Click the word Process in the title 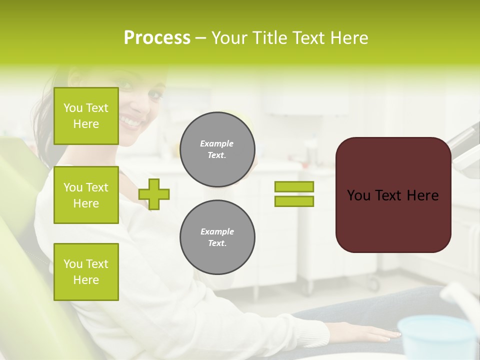(157, 37)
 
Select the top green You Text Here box (86, 116)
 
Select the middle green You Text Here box (86, 195)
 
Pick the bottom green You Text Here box (86, 271)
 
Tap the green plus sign (154, 193)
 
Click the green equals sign (294, 194)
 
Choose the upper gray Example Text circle (217, 149)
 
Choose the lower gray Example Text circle (217, 237)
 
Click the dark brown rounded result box (393, 195)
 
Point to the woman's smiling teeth (131, 121)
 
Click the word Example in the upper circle (216, 143)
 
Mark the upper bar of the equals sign (294, 186)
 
